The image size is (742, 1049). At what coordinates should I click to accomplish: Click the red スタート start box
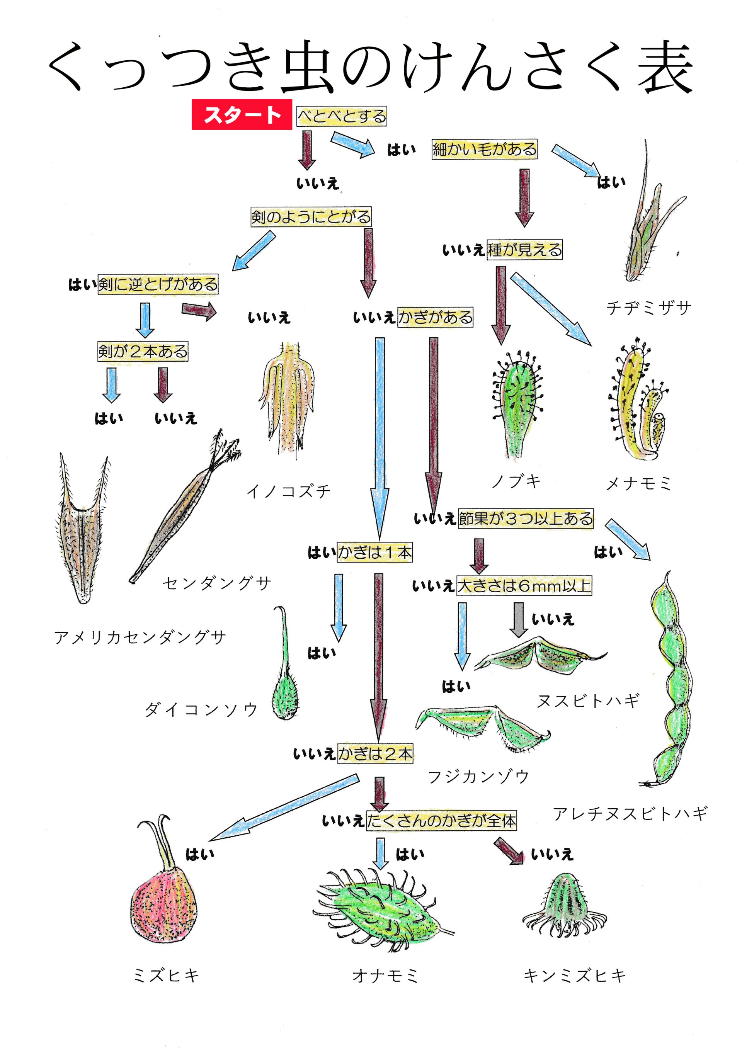pos(242,114)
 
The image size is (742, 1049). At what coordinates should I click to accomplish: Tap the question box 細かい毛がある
pos(484,150)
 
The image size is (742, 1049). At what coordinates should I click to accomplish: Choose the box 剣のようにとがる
pos(311,217)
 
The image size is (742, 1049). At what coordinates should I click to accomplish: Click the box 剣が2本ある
pos(143,351)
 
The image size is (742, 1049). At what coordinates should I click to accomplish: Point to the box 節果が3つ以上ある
pos(526,519)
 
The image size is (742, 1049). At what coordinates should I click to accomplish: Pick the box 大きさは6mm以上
pos(524,585)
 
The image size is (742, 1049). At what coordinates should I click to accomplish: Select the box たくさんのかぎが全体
pos(441,821)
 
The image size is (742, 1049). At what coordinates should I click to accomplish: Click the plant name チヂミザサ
pos(648,308)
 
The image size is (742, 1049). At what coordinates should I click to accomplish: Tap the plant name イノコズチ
pos(288,491)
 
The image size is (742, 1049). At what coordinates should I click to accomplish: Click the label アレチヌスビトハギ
pos(630,813)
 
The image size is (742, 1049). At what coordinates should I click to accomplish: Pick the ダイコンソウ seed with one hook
pos(285,685)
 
